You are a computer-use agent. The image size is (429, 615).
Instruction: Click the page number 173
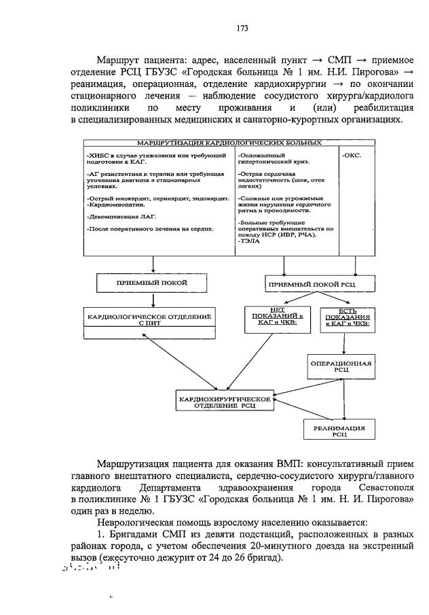241,28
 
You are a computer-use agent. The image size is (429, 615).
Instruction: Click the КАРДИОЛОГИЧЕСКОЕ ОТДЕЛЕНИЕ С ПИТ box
149,319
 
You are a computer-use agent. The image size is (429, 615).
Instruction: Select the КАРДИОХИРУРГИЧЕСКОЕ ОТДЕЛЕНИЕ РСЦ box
224,401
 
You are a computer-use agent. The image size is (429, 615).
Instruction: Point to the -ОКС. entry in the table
352,155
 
